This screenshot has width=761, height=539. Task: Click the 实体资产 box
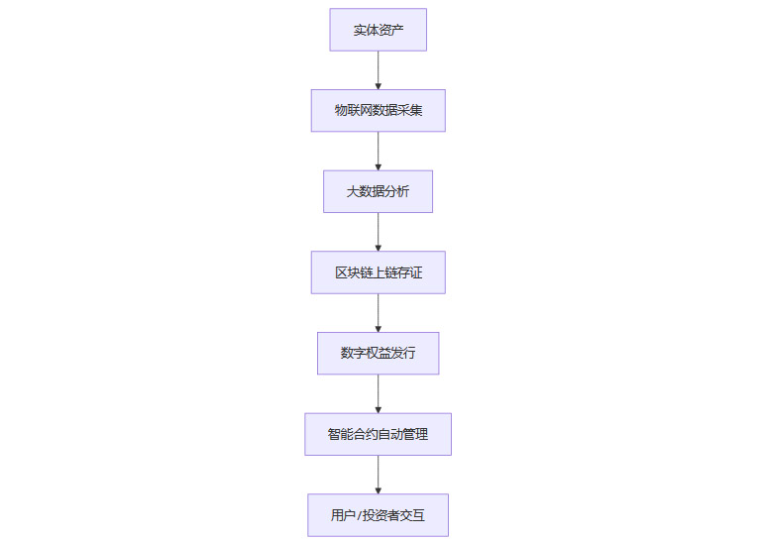click(x=378, y=30)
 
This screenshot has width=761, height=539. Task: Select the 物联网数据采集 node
click(x=378, y=110)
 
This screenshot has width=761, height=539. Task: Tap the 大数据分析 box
click(x=378, y=191)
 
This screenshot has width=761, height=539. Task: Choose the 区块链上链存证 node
click(x=378, y=272)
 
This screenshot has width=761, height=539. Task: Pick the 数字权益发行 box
click(x=378, y=353)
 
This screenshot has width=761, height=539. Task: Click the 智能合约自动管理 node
click(x=378, y=434)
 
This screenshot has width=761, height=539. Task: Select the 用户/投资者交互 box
click(x=378, y=515)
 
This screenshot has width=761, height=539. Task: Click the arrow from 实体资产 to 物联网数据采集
click(x=378, y=70)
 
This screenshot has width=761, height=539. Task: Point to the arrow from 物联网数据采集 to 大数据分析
click(x=378, y=151)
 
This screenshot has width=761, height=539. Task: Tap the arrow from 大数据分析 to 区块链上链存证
click(x=378, y=232)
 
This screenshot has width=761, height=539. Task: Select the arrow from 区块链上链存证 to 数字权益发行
click(x=378, y=313)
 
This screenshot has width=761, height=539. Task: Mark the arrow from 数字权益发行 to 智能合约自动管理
click(x=378, y=393)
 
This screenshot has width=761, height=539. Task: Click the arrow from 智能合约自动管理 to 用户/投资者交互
click(x=378, y=475)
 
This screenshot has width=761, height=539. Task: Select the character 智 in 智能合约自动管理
click(x=334, y=434)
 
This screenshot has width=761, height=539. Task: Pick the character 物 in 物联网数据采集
click(x=340, y=110)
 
